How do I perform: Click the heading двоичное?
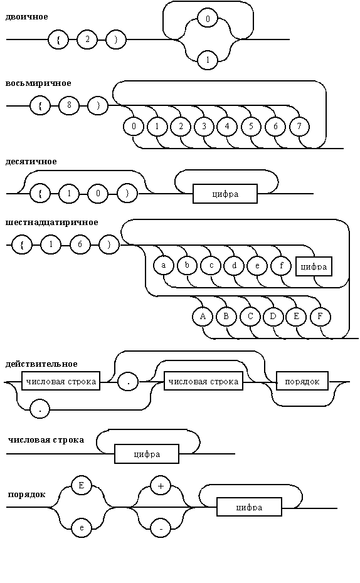click(26, 17)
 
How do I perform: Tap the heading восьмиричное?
click(38, 83)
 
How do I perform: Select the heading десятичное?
click(31, 162)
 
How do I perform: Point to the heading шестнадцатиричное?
click(51, 223)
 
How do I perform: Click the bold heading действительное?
click(41, 364)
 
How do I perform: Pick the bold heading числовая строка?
click(46, 440)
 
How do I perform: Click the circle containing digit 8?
click(69, 105)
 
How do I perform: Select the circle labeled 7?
click(300, 127)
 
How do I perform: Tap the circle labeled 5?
click(251, 127)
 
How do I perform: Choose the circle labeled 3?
click(204, 127)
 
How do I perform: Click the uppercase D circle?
click(273, 317)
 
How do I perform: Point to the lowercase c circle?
click(211, 265)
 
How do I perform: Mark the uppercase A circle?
click(203, 317)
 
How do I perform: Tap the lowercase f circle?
click(281, 265)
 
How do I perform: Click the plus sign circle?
click(161, 486)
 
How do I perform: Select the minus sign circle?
click(161, 528)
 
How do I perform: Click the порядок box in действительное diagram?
click(302, 382)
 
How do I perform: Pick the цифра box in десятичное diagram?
click(225, 194)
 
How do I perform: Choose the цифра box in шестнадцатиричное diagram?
click(314, 266)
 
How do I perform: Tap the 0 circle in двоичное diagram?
click(208, 19)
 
